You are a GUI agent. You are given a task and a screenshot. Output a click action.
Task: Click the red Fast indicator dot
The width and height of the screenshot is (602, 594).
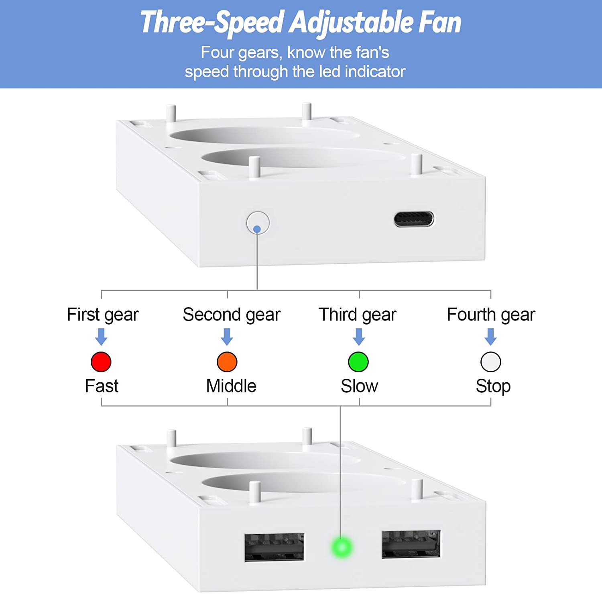[101, 362]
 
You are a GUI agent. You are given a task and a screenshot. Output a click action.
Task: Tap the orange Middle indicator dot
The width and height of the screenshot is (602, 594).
[227, 362]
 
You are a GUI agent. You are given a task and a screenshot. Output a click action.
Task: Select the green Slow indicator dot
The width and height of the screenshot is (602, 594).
[358, 362]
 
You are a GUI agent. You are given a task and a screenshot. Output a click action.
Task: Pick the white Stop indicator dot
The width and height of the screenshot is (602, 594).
[490, 362]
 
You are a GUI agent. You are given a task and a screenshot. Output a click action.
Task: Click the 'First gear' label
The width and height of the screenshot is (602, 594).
[103, 315]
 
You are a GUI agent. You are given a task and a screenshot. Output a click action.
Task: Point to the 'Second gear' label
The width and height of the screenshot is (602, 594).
[232, 315]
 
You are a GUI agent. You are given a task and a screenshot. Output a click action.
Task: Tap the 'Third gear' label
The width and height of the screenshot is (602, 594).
[357, 315]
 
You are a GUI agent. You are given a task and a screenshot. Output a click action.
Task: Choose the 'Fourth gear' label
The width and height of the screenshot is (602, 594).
[491, 315]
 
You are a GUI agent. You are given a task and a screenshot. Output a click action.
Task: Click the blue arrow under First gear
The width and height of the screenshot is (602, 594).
[101, 337]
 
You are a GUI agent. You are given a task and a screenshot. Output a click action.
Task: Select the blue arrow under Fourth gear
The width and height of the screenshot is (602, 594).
[490, 337]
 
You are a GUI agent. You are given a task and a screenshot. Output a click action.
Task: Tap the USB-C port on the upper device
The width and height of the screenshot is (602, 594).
[414, 219]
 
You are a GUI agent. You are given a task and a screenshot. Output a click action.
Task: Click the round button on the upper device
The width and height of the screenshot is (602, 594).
[258, 223]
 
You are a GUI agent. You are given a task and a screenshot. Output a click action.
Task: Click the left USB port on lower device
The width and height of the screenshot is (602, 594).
[275, 547]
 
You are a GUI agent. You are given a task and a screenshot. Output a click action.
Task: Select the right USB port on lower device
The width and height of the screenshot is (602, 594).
[411, 544]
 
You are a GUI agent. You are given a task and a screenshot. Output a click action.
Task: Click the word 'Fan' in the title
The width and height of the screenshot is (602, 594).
[440, 22]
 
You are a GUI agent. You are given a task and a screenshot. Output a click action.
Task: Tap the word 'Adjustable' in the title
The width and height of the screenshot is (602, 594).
[351, 22]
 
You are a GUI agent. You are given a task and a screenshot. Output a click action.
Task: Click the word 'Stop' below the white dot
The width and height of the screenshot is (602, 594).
[493, 386]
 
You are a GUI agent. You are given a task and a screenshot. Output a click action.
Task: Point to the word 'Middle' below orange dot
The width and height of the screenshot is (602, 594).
[231, 386]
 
